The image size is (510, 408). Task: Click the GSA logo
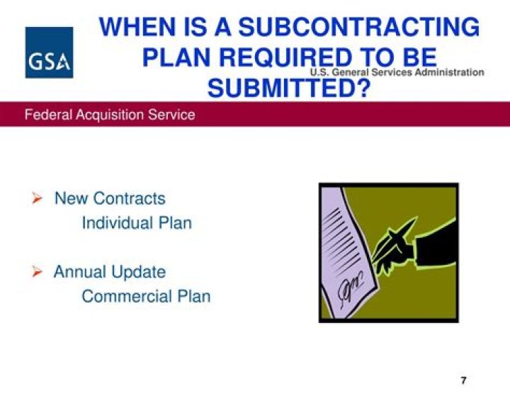[x=49, y=52]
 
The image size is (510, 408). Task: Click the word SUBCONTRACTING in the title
[x=358, y=27]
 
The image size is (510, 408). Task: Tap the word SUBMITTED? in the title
[x=289, y=88]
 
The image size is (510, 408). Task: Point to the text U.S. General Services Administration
[x=397, y=72]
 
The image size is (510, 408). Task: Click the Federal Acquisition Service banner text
[x=110, y=115]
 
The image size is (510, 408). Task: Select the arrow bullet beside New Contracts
[x=37, y=198]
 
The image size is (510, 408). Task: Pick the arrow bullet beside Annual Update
[x=37, y=271]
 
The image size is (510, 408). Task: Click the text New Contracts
[x=110, y=198]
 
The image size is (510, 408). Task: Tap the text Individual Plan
[x=137, y=223]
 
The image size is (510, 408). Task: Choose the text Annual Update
[x=110, y=272]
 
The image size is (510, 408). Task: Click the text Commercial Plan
[x=146, y=296]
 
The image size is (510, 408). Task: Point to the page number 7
[x=463, y=380]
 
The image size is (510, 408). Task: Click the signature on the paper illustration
[x=351, y=288]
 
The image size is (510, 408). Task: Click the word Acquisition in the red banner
[x=110, y=115]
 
